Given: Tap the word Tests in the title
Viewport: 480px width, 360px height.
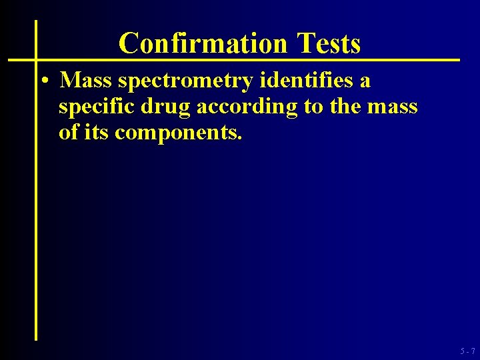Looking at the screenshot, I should pos(329,43).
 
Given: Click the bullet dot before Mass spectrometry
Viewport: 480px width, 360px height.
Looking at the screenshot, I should pos(43,81).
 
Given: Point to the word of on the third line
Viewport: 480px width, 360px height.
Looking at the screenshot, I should pos(69,132).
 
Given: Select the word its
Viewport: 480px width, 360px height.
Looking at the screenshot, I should pos(97,132).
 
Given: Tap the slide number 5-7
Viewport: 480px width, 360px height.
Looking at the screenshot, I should pos(467,351).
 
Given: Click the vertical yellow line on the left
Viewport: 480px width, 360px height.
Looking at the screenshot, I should pos(36,200).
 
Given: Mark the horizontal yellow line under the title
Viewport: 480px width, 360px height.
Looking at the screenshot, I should pos(267,60).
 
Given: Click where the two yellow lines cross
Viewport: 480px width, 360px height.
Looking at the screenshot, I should pos(36,60).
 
